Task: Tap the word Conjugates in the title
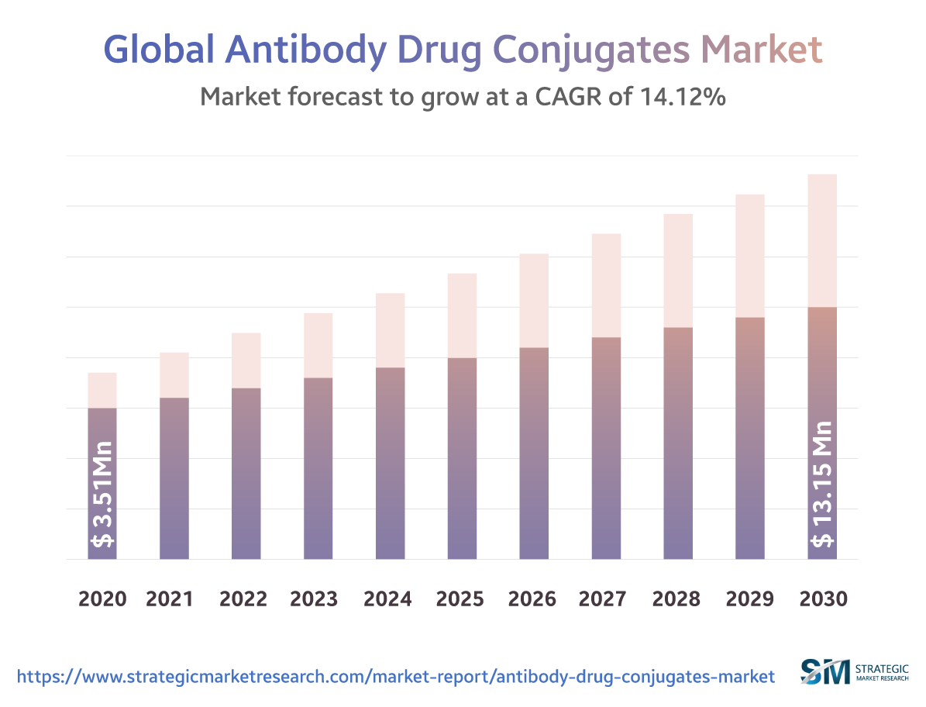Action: [591, 49]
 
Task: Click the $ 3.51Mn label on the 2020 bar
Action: [102, 494]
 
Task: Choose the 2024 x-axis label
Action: [387, 599]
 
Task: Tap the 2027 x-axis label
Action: [604, 599]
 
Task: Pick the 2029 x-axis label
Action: [748, 599]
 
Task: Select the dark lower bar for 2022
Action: [246, 473]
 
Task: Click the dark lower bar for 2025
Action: [462, 458]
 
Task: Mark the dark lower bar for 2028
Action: [678, 443]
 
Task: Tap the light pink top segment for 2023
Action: [318, 345]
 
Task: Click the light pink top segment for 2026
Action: [534, 300]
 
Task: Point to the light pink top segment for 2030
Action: [822, 240]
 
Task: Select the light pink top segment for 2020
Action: [102, 390]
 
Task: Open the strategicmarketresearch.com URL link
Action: [395, 677]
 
